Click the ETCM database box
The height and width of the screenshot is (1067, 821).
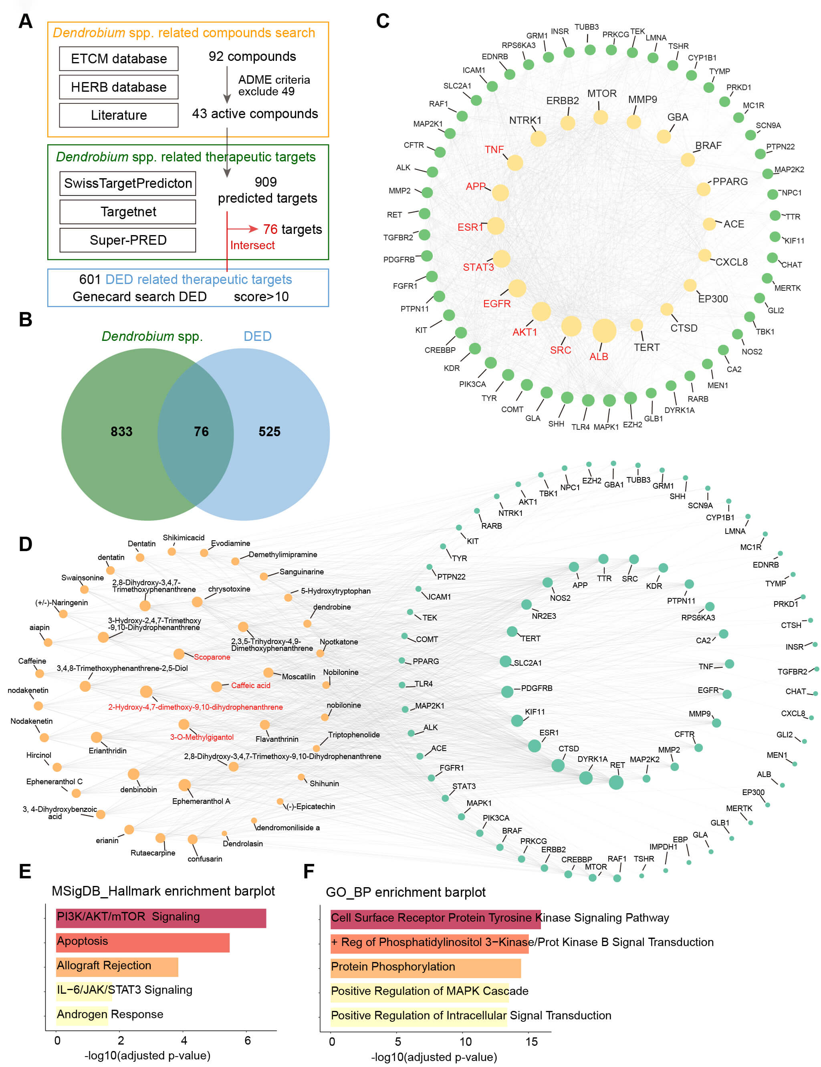(x=119, y=58)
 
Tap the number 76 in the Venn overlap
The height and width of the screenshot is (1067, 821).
(x=201, y=431)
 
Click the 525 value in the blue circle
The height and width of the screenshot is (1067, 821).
(x=269, y=431)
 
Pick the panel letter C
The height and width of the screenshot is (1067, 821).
(x=383, y=21)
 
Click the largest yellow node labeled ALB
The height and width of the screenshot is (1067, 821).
(x=604, y=331)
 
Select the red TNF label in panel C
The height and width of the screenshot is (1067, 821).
(x=494, y=149)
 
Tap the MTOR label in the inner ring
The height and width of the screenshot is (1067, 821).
(x=601, y=93)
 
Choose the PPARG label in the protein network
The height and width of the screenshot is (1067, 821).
(x=730, y=181)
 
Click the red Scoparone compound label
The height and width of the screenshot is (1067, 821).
(x=212, y=657)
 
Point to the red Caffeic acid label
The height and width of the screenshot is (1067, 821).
(x=250, y=685)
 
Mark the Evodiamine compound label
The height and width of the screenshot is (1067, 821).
(x=230, y=543)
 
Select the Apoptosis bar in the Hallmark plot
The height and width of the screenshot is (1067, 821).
(x=143, y=942)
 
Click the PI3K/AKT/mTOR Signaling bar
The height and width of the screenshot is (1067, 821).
(x=161, y=918)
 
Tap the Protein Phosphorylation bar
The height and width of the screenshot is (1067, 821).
(x=425, y=967)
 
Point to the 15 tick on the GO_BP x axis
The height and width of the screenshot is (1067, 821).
(x=531, y=1042)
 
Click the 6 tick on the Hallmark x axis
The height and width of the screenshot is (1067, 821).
(x=248, y=1041)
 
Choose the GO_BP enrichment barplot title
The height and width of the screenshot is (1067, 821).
(x=405, y=893)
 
